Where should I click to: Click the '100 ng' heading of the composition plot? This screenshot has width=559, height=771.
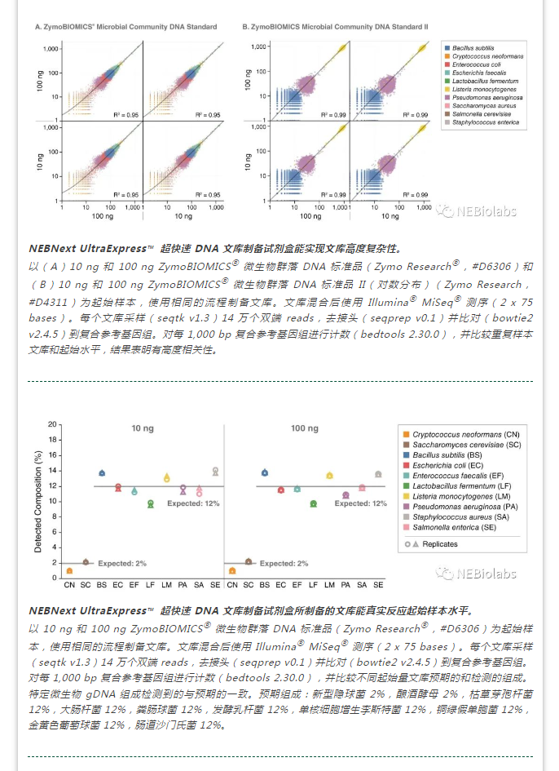[304, 428]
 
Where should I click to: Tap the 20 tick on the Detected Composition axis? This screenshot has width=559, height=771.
[52, 425]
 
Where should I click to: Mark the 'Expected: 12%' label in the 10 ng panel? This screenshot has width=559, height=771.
[193, 503]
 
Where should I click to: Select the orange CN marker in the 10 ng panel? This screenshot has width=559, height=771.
[70, 570]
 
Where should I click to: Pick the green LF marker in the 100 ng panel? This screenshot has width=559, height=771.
[313, 503]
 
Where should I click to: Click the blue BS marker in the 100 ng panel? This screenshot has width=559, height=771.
[265, 472]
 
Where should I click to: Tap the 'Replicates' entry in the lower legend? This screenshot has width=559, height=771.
[439, 544]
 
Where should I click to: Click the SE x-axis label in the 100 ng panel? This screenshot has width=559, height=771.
[378, 585]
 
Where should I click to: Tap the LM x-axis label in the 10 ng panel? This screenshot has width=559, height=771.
[167, 585]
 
